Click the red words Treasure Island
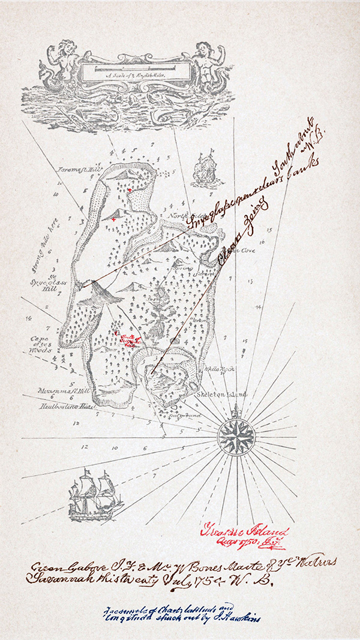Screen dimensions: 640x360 click(x=244, y=531)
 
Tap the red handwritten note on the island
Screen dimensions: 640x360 click(x=128, y=341)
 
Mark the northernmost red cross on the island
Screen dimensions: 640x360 click(x=128, y=190)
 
